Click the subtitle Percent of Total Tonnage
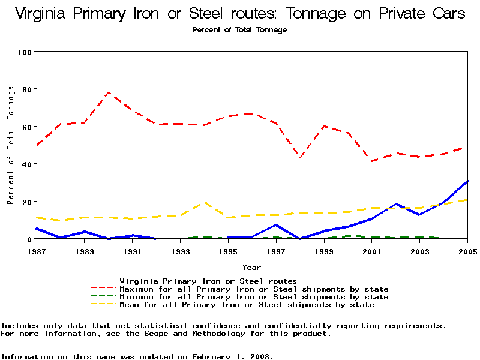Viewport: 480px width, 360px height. (239, 30)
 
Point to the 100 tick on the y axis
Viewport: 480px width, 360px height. (24, 52)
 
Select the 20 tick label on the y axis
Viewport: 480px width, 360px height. (26, 202)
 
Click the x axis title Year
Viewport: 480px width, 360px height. (251, 267)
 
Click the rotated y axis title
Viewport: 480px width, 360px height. (11, 145)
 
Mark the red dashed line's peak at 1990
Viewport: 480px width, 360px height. (109, 92)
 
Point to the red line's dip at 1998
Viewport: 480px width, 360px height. (300, 157)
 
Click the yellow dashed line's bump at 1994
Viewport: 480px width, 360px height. (205, 202)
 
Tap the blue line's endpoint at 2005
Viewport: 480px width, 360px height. (467, 181)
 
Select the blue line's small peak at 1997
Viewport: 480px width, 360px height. (276, 225)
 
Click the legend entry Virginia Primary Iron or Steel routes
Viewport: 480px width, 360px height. (208, 281)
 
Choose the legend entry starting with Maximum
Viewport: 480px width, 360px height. (254, 289)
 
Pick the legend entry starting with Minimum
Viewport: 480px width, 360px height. (254, 297)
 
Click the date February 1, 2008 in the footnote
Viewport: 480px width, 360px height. (232, 356)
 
